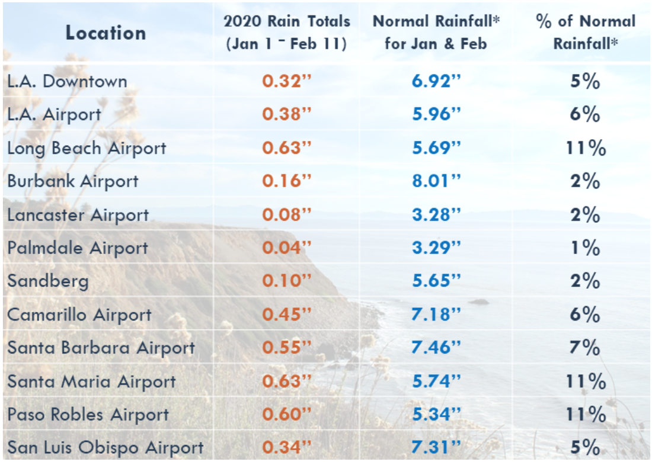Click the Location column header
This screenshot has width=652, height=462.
(106, 33)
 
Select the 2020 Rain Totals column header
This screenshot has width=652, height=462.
(287, 33)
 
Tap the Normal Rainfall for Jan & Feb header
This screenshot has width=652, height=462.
(436, 33)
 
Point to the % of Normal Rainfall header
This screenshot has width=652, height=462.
(585, 33)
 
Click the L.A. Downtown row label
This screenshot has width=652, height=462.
(67, 81)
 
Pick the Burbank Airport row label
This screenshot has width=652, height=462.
(73, 181)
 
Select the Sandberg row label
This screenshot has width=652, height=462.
(48, 281)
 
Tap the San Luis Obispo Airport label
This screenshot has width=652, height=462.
(106, 448)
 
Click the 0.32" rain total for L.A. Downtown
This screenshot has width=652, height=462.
(287, 81)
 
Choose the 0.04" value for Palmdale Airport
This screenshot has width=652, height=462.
(287, 248)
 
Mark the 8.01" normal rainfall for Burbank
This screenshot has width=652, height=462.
(436, 181)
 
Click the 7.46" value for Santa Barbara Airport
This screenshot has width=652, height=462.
(436, 348)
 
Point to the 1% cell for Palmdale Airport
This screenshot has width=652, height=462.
(585, 248)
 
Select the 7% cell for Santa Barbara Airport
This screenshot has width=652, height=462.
(585, 348)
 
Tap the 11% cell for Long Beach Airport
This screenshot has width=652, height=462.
(585, 148)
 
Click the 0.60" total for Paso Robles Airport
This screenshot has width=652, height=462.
(287, 414)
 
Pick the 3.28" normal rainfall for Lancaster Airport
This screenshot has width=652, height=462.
(436, 214)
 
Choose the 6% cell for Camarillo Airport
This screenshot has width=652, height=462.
(585, 315)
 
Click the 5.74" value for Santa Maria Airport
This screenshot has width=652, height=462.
(436, 381)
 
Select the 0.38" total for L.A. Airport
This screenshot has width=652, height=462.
(287, 114)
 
